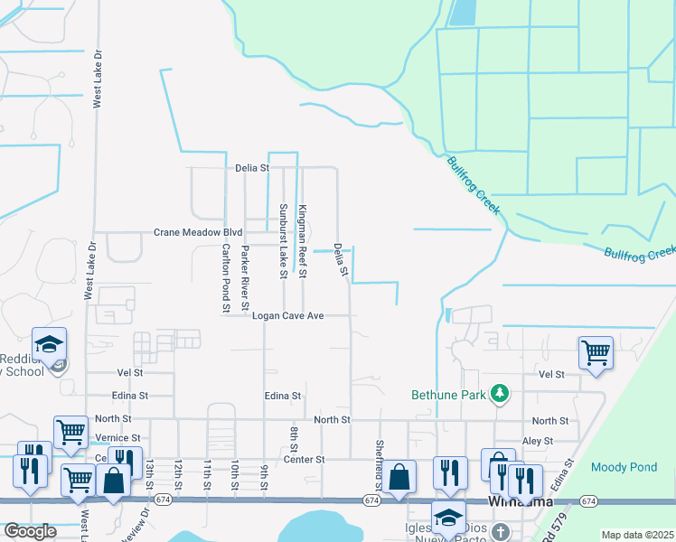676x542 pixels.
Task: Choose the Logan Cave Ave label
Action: (287, 316)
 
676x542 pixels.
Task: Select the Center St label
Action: (305, 459)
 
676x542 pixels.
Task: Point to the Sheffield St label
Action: (378, 461)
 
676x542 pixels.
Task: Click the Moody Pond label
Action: (618, 467)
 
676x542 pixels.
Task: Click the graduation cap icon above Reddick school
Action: (49, 343)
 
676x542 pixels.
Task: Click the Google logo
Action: (30, 531)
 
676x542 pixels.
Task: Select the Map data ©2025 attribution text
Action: (637, 535)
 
